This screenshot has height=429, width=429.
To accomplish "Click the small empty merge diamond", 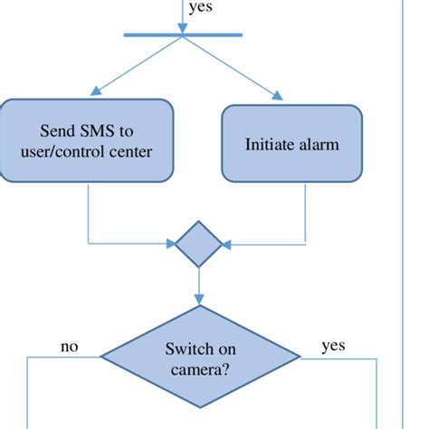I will [198, 243].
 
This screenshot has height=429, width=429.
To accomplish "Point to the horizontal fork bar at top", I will [183, 35].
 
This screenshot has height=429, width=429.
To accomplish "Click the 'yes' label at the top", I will [201, 9].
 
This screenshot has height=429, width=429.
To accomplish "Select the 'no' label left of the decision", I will [69, 346].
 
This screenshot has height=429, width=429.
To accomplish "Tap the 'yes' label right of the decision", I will [333, 346].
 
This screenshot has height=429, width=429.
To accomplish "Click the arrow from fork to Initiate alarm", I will [231, 67].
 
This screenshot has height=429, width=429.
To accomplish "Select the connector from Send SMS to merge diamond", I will [88, 217].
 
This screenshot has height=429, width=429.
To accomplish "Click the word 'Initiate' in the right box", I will [266, 144].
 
